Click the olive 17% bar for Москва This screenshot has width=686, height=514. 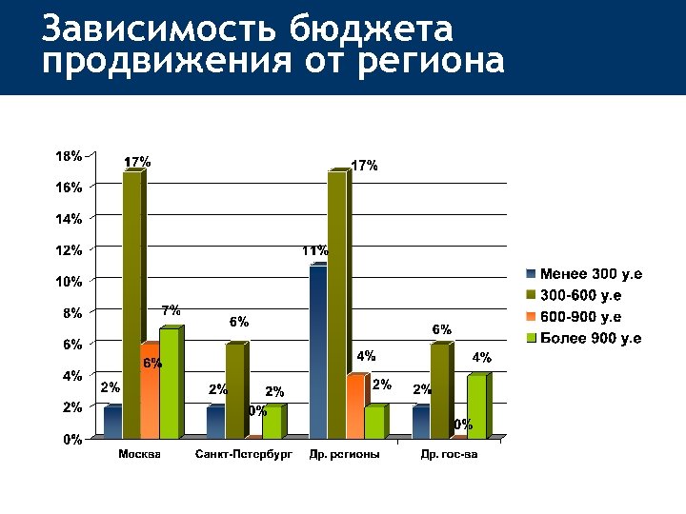pyautogui.click(x=131, y=305)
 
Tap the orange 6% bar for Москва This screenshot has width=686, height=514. pyautogui.click(x=150, y=390)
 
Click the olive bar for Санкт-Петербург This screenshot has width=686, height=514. pyautogui.click(x=234, y=390)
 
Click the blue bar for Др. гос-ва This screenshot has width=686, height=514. pyautogui.click(x=420, y=422)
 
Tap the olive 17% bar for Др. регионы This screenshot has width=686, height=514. pyautogui.click(x=336, y=305)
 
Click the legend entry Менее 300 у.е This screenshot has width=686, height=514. pyautogui.click(x=592, y=274)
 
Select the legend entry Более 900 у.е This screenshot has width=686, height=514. pyautogui.click(x=591, y=338)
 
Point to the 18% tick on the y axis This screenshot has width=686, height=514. pyautogui.click(x=70, y=156)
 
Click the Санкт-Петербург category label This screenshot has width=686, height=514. pyautogui.click(x=243, y=455)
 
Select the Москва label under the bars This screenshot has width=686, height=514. pyautogui.click(x=139, y=455)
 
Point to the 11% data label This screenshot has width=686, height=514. pyautogui.click(x=314, y=251)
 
